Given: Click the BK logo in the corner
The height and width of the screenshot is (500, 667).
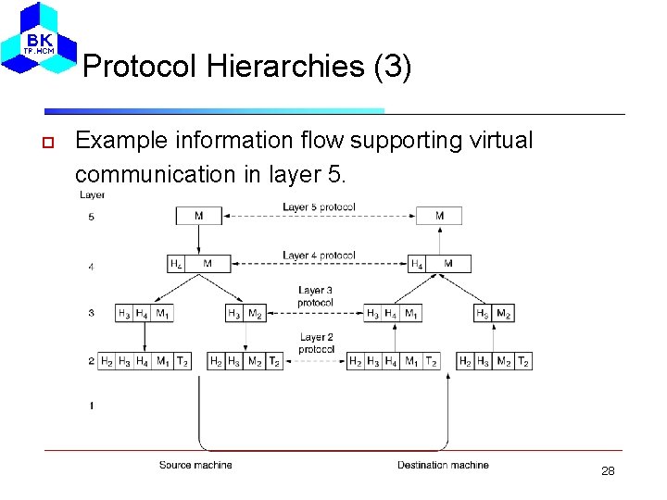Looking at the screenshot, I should pyautogui.click(x=40, y=39).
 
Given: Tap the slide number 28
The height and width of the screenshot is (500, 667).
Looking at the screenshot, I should pyautogui.click(x=608, y=471).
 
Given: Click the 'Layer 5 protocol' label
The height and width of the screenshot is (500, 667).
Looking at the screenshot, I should pyautogui.click(x=319, y=206).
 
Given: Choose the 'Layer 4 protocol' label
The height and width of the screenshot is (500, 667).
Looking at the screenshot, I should pyautogui.click(x=319, y=255).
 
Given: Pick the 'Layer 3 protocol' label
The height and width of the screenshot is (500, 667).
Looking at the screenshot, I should pyautogui.click(x=316, y=296).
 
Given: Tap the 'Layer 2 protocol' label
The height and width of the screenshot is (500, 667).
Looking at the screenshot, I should pyautogui.click(x=316, y=344).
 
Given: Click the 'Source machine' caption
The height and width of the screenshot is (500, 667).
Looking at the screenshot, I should pyautogui.click(x=195, y=465).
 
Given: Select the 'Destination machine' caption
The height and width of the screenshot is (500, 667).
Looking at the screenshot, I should pyautogui.click(x=443, y=465).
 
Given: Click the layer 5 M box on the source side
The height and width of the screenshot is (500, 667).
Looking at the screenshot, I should pyautogui.click(x=199, y=216).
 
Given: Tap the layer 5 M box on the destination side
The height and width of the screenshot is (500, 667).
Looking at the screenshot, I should pyautogui.click(x=439, y=216).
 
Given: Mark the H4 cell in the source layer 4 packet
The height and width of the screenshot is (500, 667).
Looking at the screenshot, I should pyautogui.click(x=176, y=264).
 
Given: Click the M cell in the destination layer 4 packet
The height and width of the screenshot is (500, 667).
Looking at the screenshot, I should pyautogui.click(x=448, y=264).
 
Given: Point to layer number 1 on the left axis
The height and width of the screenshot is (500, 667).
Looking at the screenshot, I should pyautogui.click(x=91, y=406).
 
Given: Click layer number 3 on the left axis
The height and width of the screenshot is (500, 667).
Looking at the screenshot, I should pyautogui.click(x=91, y=313).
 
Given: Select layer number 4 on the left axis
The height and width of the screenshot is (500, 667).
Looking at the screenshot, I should pyautogui.click(x=91, y=267).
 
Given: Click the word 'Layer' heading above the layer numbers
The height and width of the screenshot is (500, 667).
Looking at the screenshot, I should pyautogui.click(x=92, y=194).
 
